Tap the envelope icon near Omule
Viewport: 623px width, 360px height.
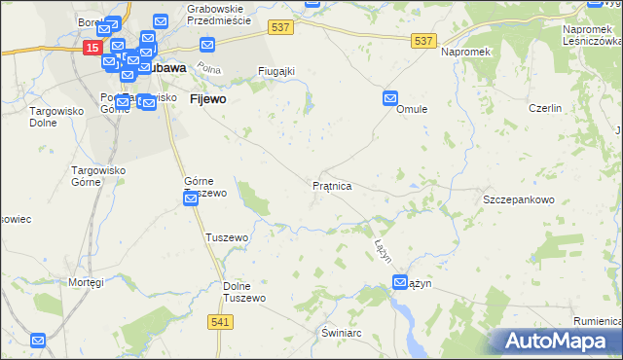click(390, 98)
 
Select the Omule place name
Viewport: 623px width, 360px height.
click(412, 110)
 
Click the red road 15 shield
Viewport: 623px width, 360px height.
click(92, 47)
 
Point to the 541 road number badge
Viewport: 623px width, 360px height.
click(219, 320)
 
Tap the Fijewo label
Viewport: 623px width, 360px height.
click(208, 99)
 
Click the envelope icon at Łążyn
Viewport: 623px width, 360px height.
click(400, 282)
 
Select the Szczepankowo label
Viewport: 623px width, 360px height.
click(518, 199)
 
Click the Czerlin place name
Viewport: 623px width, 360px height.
click(545, 109)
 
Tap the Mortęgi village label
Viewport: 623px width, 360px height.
click(86, 282)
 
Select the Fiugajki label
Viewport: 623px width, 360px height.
click(275, 71)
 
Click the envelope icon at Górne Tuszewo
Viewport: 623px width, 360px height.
click(191, 199)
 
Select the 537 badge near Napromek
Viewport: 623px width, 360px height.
click(422, 40)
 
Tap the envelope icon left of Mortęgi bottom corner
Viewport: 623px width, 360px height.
click(38, 341)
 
